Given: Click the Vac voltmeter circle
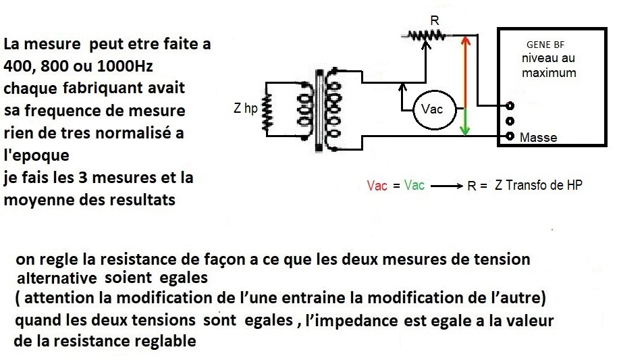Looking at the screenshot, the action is [x=435, y=109].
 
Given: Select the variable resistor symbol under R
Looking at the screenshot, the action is [x=427, y=36].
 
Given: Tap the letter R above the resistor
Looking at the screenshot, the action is [x=435, y=20].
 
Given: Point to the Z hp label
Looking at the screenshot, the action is [x=245, y=108].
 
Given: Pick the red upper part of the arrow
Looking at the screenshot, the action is [x=466, y=72].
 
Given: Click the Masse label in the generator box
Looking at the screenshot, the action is [x=538, y=138].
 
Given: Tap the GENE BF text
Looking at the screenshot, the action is [x=545, y=45].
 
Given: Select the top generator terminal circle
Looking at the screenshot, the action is [x=510, y=105].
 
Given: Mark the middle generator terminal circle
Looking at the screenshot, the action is [x=510, y=121].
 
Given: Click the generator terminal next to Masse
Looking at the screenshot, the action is [x=510, y=136].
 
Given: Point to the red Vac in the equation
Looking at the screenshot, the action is [x=377, y=186].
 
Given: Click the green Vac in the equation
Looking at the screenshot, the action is [x=414, y=184].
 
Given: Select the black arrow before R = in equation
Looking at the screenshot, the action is [x=447, y=186].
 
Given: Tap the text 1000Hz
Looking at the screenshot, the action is [x=125, y=66].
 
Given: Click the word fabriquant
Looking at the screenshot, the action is [x=99, y=88].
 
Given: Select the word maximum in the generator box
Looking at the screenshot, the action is [x=549, y=73].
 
